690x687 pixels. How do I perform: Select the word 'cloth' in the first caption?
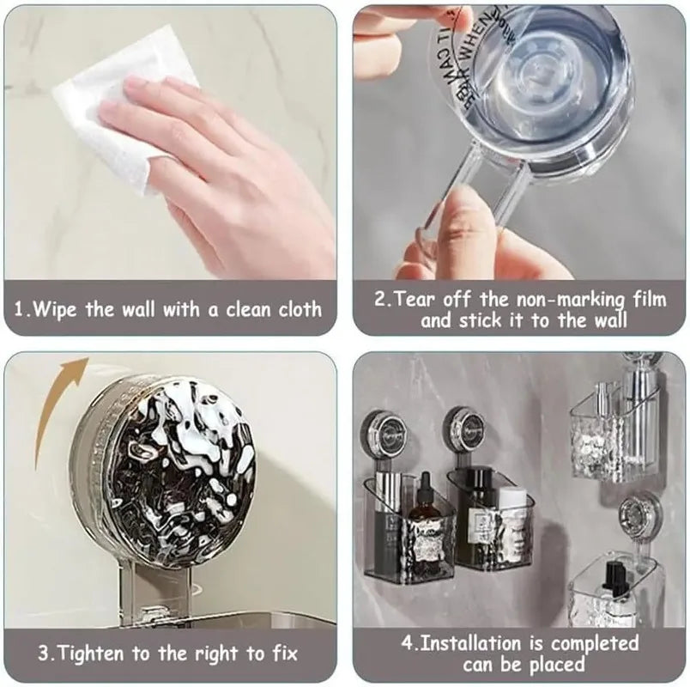[300, 309]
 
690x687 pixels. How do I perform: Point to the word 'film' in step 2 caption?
[645, 300]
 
